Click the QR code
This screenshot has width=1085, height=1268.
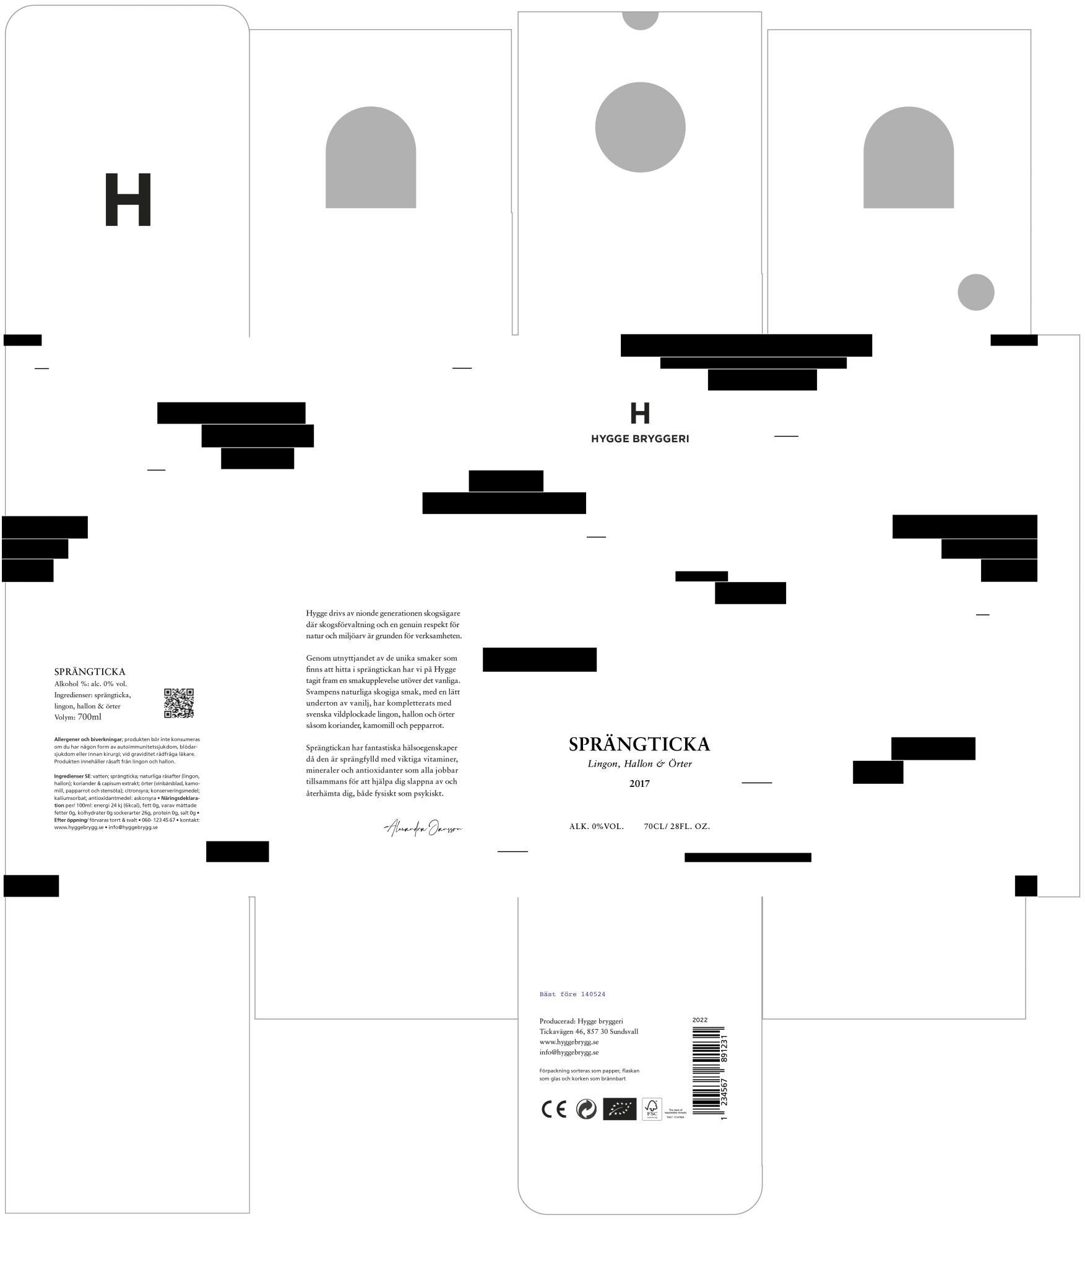coord(178,703)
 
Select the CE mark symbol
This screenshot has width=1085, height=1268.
coord(554,1109)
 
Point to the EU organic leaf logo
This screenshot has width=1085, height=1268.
coord(620,1109)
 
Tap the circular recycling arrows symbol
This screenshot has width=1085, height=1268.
coord(586,1109)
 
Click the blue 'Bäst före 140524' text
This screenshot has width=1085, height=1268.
coord(572,994)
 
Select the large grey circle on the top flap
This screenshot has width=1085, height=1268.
coord(640,127)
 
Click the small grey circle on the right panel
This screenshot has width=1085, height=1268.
coord(975,292)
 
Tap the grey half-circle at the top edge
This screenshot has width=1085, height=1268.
coord(640,20)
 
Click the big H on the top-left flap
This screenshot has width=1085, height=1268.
coord(128,199)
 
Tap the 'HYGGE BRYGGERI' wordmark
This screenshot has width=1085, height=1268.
coord(640,439)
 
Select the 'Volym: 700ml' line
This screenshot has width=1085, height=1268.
coord(78,717)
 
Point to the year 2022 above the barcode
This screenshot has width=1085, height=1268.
coord(699,1019)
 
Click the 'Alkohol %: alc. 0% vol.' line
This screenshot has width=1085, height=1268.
coord(91,684)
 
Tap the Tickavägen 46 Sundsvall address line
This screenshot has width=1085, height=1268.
coord(588,1031)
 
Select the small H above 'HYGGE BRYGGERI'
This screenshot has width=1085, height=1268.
coord(640,413)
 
